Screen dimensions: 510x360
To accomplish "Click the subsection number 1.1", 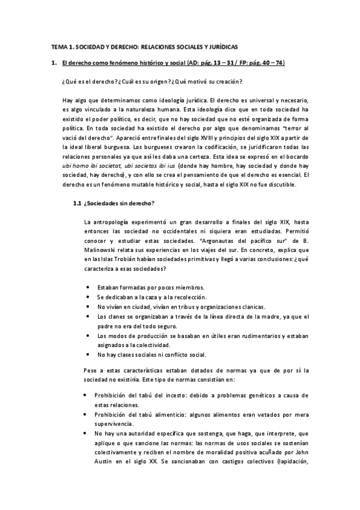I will tap(77, 204).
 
